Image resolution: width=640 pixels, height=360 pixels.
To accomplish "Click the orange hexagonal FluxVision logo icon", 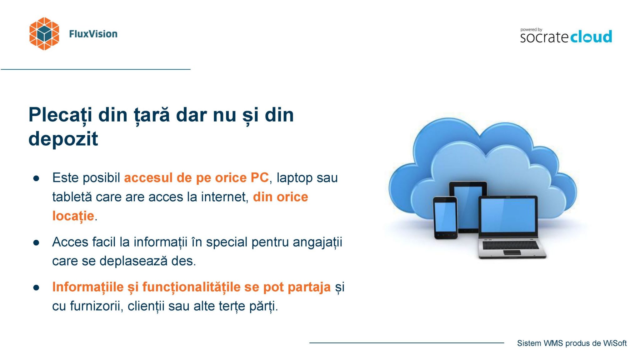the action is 44,34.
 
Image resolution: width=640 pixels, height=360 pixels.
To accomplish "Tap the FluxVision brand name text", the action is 93,34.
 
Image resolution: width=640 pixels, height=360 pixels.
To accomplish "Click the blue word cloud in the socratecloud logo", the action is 591,37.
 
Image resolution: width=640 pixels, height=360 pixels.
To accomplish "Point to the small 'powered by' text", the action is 531,30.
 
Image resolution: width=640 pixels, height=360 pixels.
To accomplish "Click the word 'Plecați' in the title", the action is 60,115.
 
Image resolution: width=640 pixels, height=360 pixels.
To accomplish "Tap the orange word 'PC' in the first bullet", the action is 259,177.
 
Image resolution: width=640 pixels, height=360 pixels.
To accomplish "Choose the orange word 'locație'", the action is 73,216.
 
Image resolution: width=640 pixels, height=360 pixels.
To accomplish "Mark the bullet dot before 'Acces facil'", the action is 36,243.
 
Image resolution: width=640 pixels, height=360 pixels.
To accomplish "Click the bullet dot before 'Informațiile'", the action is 36,287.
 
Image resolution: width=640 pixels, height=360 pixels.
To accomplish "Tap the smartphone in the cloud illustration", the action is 445,218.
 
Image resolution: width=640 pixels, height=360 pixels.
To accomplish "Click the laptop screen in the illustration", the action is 508,215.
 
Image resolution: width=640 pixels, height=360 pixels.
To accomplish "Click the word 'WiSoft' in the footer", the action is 615,343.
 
